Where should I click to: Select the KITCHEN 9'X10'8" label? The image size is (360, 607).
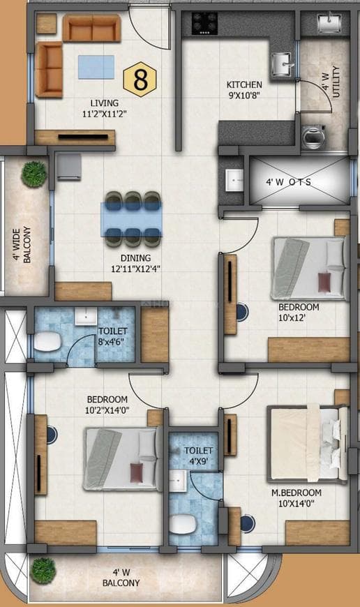tap(244, 90)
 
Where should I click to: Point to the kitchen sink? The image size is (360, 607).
tap(283, 65)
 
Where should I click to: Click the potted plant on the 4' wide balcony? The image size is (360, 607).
tap(33, 174)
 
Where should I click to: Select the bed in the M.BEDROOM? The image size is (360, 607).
tap(306, 444)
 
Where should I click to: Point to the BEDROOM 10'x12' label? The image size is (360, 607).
tap(298, 312)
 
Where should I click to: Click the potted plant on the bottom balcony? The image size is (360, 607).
tap(43, 569)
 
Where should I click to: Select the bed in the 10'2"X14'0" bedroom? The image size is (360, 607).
tap(120, 458)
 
